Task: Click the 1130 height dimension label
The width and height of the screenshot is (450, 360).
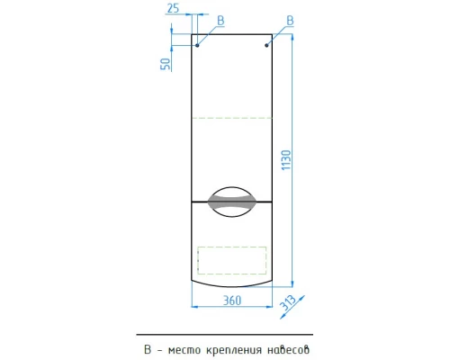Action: [286, 160]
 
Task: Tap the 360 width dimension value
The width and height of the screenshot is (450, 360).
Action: [232, 301]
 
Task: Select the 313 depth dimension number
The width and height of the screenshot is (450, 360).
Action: [287, 303]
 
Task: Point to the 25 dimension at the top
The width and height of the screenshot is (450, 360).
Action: [173, 8]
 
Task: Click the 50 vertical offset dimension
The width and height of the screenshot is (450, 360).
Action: [166, 64]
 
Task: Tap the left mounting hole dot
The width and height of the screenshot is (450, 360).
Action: [197, 45]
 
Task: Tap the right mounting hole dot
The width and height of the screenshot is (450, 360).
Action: [266, 45]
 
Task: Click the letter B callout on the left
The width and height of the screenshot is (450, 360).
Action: [220, 21]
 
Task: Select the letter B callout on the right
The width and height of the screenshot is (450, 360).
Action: [290, 21]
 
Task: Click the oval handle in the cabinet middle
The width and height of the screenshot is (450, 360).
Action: [232, 202]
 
